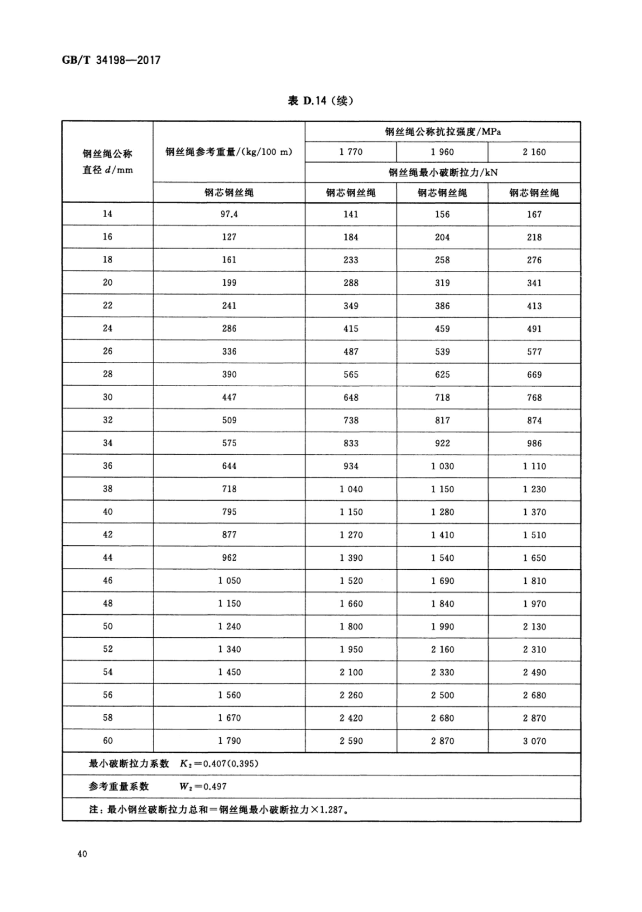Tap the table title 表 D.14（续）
(320, 101)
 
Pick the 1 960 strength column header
(442, 152)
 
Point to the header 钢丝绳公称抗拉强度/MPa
(443, 132)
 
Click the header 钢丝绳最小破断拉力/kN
(443, 172)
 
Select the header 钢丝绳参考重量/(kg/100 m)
(229, 152)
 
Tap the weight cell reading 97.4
(229, 214)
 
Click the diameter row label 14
(107, 214)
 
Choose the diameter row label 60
(107, 740)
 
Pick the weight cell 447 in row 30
(229, 397)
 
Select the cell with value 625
(442, 374)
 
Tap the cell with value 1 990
(442, 627)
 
